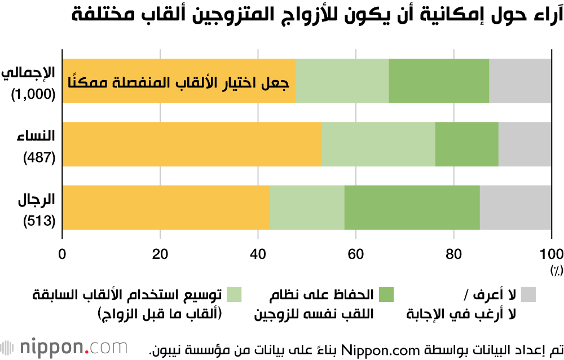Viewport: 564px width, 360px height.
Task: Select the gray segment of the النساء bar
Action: coord(525,144)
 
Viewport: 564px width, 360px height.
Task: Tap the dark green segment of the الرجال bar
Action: coord(412,208)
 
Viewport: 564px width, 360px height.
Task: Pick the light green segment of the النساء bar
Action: coord(378,144)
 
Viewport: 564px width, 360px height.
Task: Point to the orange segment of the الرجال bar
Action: coord(166,208)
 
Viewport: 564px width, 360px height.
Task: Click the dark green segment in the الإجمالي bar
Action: coord(439,81)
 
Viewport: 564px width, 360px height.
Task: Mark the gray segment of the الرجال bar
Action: coord(515,208)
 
